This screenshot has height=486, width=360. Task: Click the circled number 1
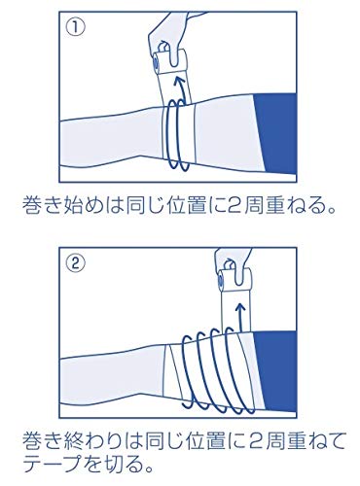76,26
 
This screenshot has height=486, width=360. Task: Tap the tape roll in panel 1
168,62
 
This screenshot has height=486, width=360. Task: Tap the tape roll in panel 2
234,280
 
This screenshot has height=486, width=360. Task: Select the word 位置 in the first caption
188,206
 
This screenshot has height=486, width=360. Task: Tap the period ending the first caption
331,211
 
